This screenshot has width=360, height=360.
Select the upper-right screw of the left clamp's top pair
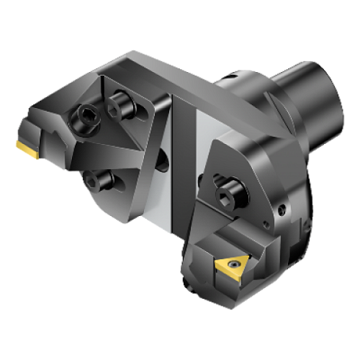point(118,105)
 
